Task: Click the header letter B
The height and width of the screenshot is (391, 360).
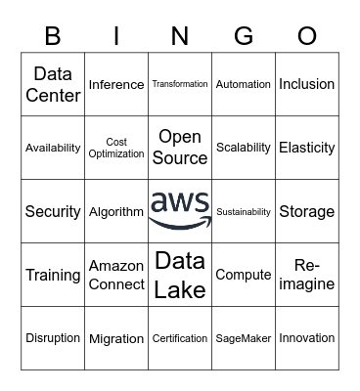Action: [53, 36]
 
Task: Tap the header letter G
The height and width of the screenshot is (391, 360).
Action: [244, 36]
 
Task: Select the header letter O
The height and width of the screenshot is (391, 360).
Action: [307, 36]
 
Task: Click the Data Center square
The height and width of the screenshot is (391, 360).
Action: [53, 84]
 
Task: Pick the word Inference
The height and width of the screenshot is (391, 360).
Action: [116, 85]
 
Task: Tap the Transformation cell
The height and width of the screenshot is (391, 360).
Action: [180, 85]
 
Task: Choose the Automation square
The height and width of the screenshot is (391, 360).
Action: [244, 85]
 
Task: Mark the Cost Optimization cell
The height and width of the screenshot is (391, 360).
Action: [116, 148]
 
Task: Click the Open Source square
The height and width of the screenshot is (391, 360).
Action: [180, 148]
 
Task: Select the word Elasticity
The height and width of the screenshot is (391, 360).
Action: [307, 148]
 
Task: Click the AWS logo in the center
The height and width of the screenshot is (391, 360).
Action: [180, 210]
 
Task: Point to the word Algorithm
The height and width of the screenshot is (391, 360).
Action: [116, 211]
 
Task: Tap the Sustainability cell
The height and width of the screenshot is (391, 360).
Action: [244, 211]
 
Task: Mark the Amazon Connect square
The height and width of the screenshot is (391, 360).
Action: [116, 275]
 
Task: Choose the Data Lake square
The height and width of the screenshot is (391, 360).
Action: [180, 275]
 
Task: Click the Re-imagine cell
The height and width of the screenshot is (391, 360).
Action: [307, 275]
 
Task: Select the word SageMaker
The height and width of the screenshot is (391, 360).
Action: [244, 338]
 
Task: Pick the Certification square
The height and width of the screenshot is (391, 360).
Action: [180, 338]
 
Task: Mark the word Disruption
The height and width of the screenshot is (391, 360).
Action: [53, 338]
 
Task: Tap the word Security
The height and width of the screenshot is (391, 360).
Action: [53, 211]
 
